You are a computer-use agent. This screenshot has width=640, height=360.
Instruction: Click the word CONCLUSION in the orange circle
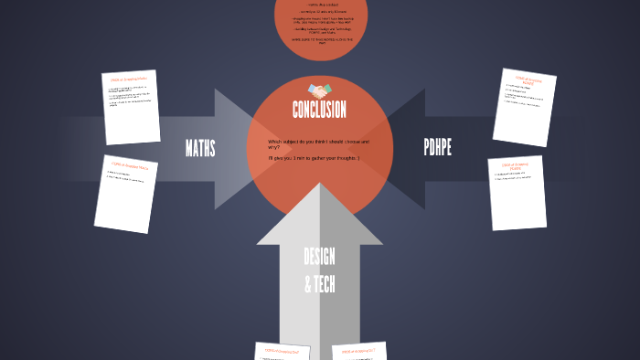[x=319, y=111]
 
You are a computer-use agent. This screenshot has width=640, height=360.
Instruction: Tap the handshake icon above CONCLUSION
[x=319, y=90]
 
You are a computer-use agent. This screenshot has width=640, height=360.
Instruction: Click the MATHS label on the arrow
[x=200, y=148]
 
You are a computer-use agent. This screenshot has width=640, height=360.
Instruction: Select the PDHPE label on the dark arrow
[x=438, y=148]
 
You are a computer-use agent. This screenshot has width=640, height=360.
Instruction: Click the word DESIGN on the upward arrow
[x=319, y=257]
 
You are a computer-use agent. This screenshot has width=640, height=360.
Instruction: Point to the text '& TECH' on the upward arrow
[x=319, y=284]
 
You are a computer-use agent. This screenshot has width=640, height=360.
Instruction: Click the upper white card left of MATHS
[x=131, y=107]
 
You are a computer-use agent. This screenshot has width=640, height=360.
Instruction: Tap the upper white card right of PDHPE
[x=525, y=107]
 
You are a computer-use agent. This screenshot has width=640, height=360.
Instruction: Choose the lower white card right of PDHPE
[x=517, y=193]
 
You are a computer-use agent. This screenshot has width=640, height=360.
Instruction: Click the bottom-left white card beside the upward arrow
[x=283, y=352]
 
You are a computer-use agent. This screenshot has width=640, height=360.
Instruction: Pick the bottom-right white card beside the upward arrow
[x=359, y=352]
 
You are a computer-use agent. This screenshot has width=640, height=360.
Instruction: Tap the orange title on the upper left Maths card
[x=128, y=80]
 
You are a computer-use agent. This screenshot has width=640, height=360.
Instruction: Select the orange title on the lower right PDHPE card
[x=517, y=167]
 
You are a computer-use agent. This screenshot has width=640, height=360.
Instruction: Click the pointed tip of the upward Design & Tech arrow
[x=319, y=185]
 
